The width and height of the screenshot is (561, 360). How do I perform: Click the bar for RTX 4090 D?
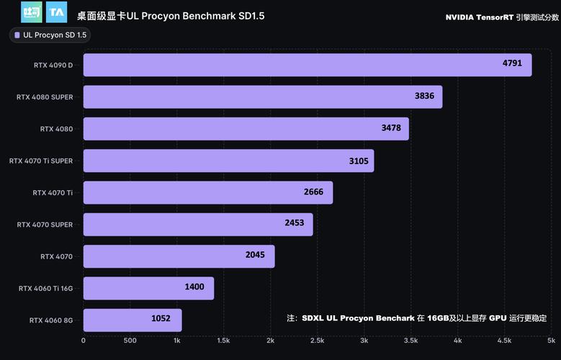(x=308, y=65)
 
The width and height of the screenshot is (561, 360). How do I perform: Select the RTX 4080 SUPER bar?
(x=263, y=96)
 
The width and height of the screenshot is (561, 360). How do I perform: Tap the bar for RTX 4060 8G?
(x=133, y=320)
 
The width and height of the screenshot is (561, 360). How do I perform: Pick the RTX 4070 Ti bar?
(x=208, y=192)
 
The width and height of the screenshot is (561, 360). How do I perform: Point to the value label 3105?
(x=359, y=161)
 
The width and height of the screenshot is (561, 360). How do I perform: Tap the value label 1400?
(x=194, y=287)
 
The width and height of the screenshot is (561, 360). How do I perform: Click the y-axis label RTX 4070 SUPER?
(x=45, y=225)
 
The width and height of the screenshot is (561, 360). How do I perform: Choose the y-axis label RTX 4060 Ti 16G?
(x=45, y=288)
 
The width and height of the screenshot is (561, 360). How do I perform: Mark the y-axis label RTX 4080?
(x=56, y=129)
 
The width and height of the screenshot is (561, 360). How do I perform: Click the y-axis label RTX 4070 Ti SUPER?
(x=41, y=161)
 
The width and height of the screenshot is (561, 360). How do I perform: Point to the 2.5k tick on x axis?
(x=317, y=341)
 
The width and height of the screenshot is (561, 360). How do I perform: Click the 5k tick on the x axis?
(x=551, y=341)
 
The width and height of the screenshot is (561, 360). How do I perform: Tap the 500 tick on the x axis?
(x=130, y=341)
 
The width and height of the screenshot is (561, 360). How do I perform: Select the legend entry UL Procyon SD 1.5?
(x=50, y=35)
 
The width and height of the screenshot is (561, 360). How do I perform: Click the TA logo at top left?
(x=56, y=12)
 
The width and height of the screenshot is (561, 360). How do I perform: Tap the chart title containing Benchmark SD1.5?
(x=170, y=15)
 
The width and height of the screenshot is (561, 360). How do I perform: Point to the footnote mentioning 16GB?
(x=416, y=318)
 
